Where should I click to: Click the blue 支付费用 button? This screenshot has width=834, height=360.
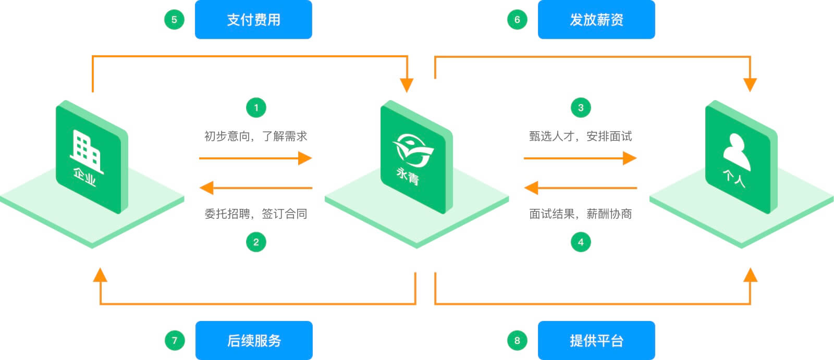click(253, 20)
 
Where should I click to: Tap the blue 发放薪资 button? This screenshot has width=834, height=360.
click(596, 20)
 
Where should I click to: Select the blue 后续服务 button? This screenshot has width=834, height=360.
click(254, 341)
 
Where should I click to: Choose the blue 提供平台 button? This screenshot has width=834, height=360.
click(596, 341)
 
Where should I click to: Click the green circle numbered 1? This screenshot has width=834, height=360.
click(256, 108)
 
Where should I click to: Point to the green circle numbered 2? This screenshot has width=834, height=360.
click(256, 242)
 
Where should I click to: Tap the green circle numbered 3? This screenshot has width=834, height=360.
click(581, 108)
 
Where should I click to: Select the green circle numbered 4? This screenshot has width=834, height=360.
click(581, 242)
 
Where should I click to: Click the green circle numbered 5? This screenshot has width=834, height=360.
click(174, 20)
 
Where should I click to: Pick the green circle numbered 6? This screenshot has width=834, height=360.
click(517, 20)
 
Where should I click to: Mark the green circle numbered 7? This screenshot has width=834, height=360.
click(174, 341)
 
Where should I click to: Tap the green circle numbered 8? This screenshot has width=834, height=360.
click(517, 341)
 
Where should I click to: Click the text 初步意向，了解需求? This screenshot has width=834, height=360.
click(255, 136)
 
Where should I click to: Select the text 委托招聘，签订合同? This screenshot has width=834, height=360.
click(255, 214)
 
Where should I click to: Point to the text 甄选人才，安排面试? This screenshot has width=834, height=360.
click(580, 136)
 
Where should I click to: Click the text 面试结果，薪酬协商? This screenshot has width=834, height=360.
click(580, 214)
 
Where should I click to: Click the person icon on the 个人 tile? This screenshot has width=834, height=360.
click(736, 152)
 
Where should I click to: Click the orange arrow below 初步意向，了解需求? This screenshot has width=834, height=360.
click(255, 158)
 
